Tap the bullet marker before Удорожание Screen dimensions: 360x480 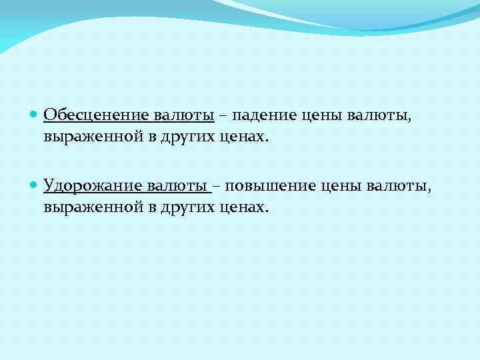[x=35, y=185]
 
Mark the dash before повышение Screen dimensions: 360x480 [x=219, y=185]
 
